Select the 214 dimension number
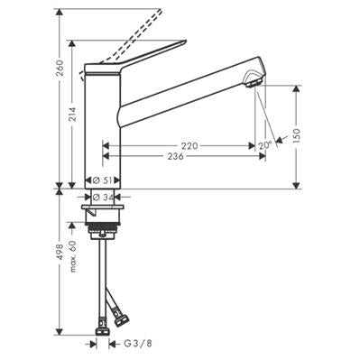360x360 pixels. coord(73,113)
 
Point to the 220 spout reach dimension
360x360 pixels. coord(189,144)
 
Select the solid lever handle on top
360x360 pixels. coord(135,58)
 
